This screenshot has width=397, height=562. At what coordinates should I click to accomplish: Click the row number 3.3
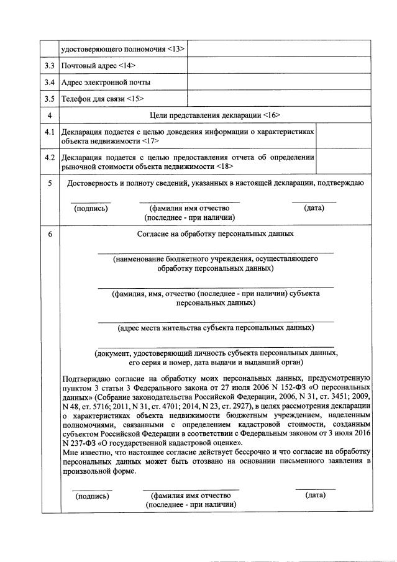(50, 65)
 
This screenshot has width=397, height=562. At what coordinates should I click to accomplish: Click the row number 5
(50, 183)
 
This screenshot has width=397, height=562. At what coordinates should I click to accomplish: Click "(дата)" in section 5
(314, 208)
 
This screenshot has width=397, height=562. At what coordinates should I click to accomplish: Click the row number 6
(50, 234)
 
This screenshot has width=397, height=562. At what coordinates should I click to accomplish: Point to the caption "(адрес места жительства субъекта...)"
(216, 327)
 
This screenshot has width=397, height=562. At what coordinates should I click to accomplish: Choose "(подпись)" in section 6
(93, 496)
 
